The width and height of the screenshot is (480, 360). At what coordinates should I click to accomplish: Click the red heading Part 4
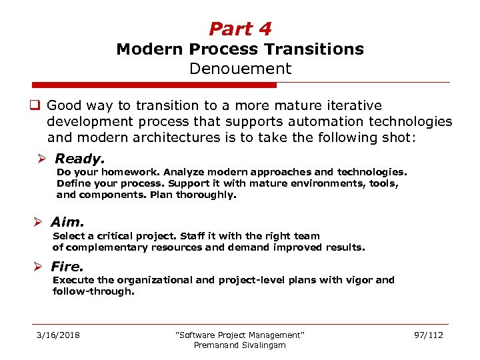tap(240, 29)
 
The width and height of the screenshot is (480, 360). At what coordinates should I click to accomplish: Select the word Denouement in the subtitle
tap(240, 69)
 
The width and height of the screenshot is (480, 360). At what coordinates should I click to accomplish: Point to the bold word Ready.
tap(79, 159)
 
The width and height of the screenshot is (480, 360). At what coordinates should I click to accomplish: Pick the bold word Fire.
tap(68, 267)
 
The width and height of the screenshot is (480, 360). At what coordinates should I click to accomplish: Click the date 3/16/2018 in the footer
tap(58, 335)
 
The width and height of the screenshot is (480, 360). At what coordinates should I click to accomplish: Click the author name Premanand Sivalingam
tap(239, 345)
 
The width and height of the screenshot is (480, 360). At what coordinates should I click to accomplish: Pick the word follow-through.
tap(93, 291)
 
